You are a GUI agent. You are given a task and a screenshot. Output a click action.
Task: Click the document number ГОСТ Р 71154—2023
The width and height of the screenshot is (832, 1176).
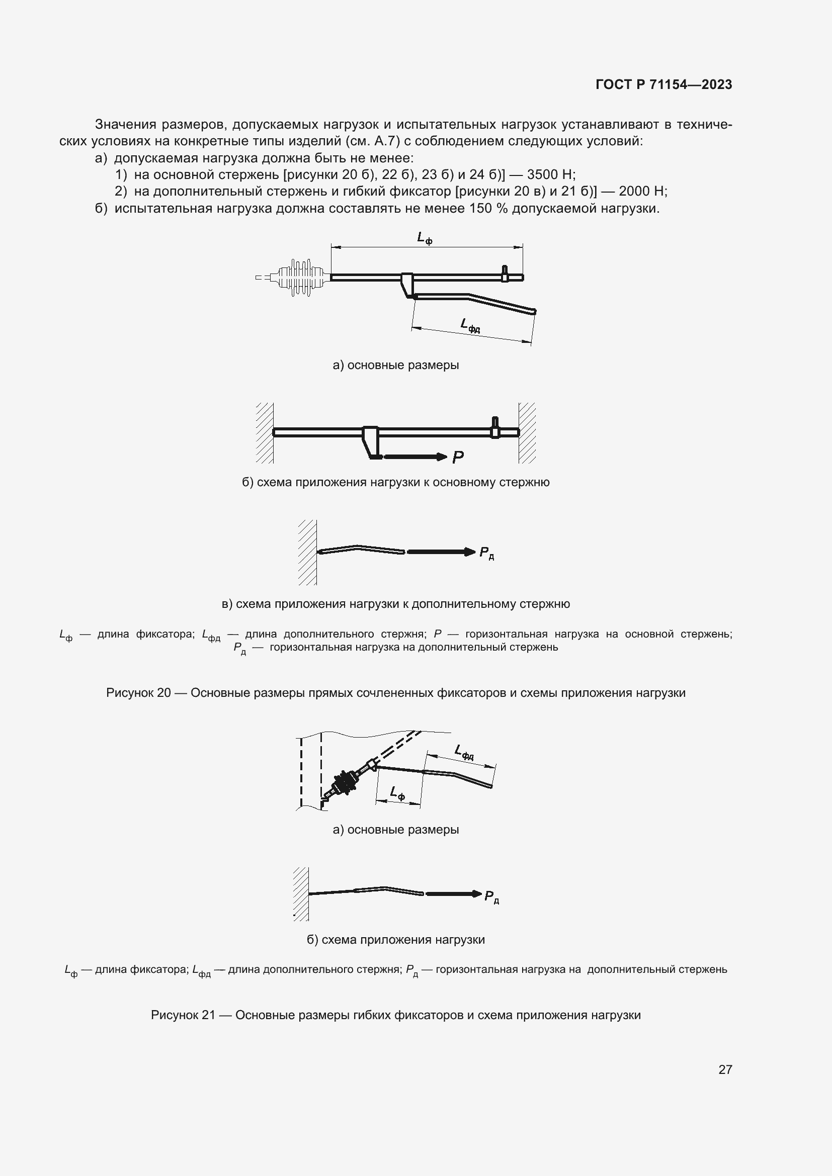tap(663, 84)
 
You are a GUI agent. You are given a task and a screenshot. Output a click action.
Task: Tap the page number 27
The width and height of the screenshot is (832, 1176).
tap(725, 1069)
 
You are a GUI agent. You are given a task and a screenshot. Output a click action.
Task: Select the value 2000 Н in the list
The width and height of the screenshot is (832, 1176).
tap(642, 191)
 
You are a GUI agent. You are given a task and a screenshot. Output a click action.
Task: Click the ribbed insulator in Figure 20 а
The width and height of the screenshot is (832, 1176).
tap(301, 277)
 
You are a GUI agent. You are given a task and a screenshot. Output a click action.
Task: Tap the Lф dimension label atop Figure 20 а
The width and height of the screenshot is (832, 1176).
tap(424, 238)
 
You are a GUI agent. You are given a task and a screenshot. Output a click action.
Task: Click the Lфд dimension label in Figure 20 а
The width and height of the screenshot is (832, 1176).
tap(470, 325)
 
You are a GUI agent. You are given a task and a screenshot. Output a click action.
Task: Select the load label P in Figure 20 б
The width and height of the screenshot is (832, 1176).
tap(457, 458)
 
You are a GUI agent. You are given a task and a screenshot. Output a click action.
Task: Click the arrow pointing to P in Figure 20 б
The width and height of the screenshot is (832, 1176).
tap(415, 457)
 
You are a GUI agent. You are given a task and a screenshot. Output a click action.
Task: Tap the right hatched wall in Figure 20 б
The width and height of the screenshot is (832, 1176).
tap(527, 433)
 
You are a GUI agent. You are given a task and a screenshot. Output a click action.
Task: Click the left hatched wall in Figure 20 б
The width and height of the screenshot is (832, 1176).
tap(265, 433)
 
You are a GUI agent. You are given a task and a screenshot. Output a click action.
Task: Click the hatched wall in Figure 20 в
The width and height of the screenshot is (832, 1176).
tap(307, 552)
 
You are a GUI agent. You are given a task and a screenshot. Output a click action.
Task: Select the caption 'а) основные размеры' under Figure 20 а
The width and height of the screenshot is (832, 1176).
tap(395, 365)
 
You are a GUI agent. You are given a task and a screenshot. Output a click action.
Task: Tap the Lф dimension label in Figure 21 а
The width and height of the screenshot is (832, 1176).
tap(397, 793)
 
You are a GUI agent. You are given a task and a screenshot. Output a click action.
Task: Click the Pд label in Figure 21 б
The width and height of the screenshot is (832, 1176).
tap(491, 897)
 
